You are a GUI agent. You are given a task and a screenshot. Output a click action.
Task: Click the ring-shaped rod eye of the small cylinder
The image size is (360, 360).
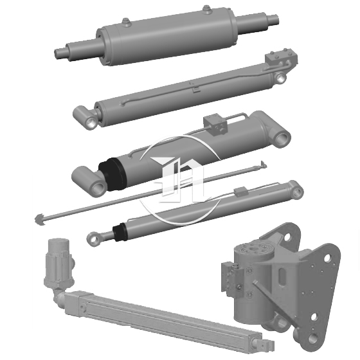coord(94,239)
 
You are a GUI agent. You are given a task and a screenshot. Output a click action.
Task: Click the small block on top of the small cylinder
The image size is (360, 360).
coord(240,191)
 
